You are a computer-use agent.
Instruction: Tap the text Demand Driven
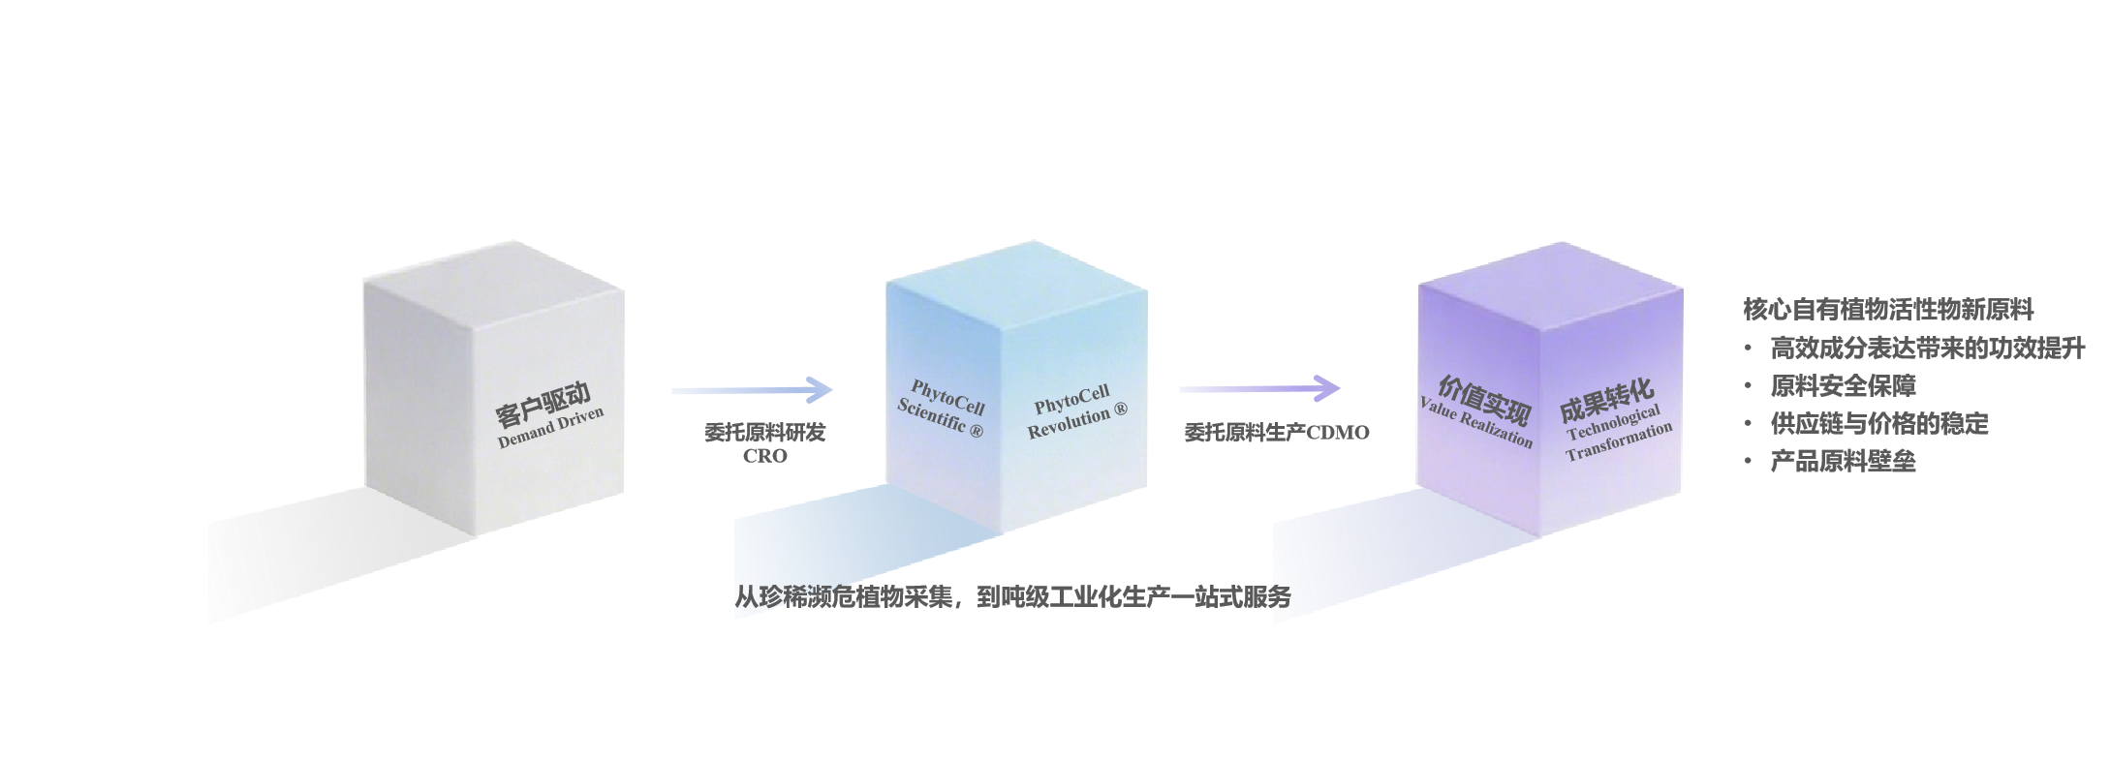550,427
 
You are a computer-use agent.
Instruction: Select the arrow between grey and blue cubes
752,390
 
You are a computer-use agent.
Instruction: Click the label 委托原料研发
765,432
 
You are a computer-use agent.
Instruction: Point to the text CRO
765,455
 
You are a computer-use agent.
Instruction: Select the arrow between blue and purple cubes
1259,389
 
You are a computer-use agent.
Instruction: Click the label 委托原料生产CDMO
1277,433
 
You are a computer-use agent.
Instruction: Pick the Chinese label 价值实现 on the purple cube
1483,398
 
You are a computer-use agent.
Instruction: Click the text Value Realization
1476,423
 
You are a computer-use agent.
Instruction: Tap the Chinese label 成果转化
1605,400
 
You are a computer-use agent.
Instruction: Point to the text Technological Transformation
1617,434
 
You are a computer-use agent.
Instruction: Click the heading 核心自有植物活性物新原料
1888,310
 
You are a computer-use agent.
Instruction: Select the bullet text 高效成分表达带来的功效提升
1927,348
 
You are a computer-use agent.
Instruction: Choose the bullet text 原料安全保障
1843,385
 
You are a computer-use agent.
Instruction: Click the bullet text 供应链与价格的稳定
1878,423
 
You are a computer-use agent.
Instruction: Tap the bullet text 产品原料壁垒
1843,461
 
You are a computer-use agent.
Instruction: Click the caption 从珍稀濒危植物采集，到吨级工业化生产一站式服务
1012,597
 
